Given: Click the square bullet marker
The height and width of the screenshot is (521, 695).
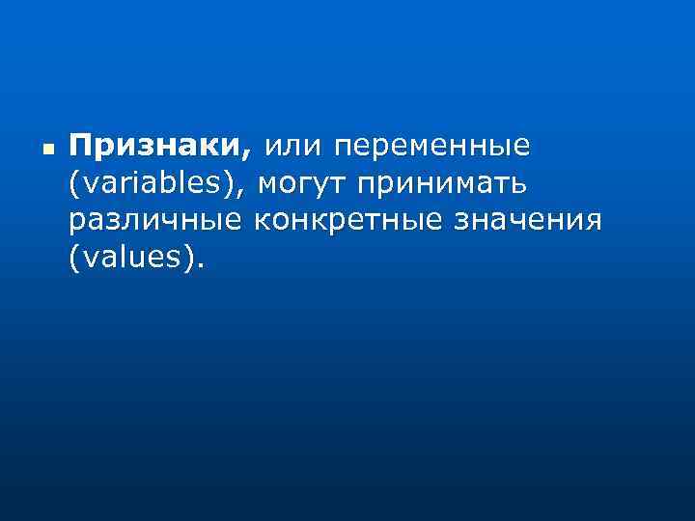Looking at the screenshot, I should (48, 151).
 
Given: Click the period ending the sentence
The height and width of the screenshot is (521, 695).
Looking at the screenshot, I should (202, 265).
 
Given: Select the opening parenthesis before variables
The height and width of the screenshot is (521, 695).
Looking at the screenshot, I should (74, 183).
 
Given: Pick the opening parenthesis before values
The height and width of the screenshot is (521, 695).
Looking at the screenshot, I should (74, 259).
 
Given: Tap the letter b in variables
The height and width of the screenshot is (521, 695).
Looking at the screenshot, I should (165, 181).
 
